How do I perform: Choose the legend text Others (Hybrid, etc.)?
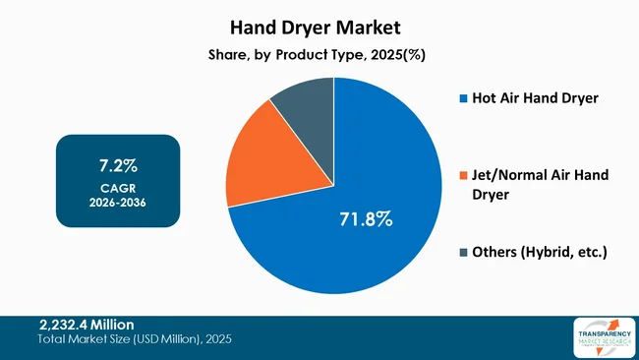coord(541,253)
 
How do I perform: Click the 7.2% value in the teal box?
coord(118,162)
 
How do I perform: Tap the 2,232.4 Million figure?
coord(87,324)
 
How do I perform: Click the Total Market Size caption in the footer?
coord(135,339)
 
